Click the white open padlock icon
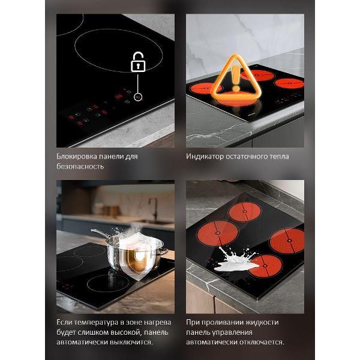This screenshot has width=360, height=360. [x=138, y=62]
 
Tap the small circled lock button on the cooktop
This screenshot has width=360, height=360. [x=138, y=97]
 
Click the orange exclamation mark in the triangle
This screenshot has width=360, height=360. [x=236, y=78]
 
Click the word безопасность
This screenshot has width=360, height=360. [x=80, y=166]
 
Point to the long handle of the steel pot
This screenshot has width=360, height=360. [x=100, y=233]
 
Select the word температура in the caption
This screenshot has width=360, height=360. [x=96, y=323]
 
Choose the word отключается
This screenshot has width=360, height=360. [x=262, y=342]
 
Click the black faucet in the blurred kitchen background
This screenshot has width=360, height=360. [x=154, y=209]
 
